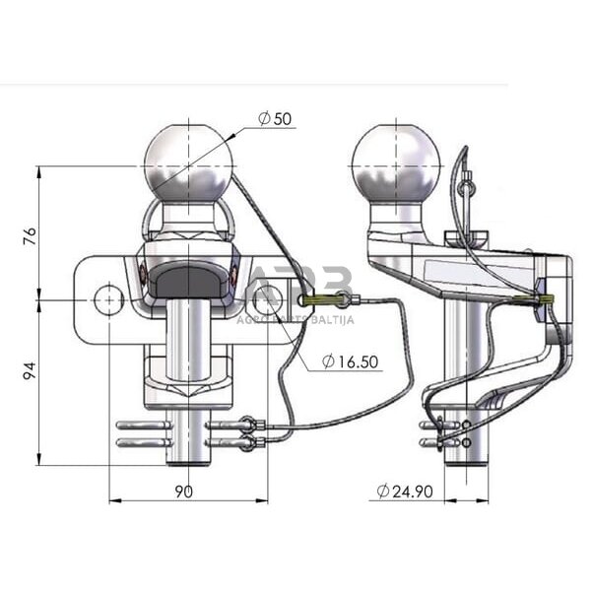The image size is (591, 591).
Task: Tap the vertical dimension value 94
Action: [31, 370]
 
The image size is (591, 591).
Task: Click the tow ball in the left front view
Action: [188, 160]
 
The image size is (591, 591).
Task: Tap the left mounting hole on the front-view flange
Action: [107, 297]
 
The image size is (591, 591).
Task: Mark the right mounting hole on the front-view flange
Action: [268, 297]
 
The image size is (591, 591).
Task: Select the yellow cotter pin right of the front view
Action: [325, 299]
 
